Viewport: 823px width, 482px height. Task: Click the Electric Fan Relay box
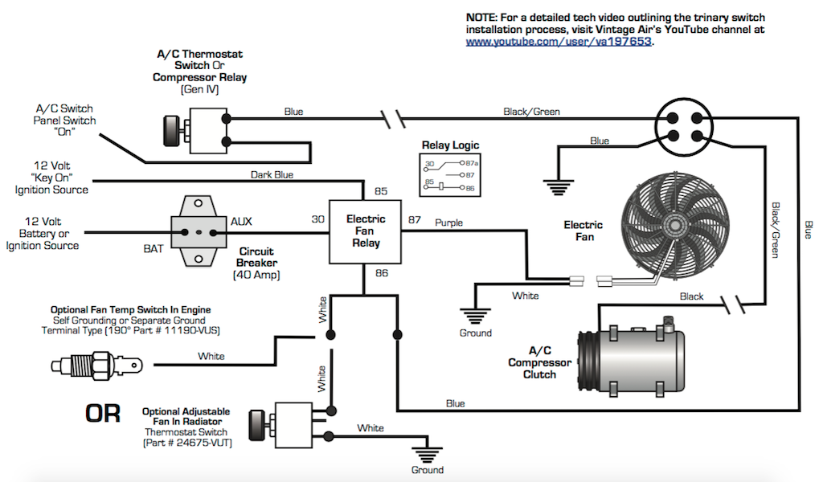(x=366, y=231)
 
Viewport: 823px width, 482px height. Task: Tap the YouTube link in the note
(x=559, y=42)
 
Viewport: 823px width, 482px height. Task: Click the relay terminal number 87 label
(x=415, y=219)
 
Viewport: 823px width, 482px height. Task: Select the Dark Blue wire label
(x=272, y=174)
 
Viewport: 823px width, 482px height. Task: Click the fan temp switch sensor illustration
(x=93, y=365)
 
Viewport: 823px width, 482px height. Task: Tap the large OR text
(x=103, y=415)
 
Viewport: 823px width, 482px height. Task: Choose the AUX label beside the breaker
(x=241, y=220)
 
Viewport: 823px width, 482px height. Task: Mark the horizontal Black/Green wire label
(x=531, y=112)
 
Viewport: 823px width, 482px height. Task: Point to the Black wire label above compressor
(x=691, y=296)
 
